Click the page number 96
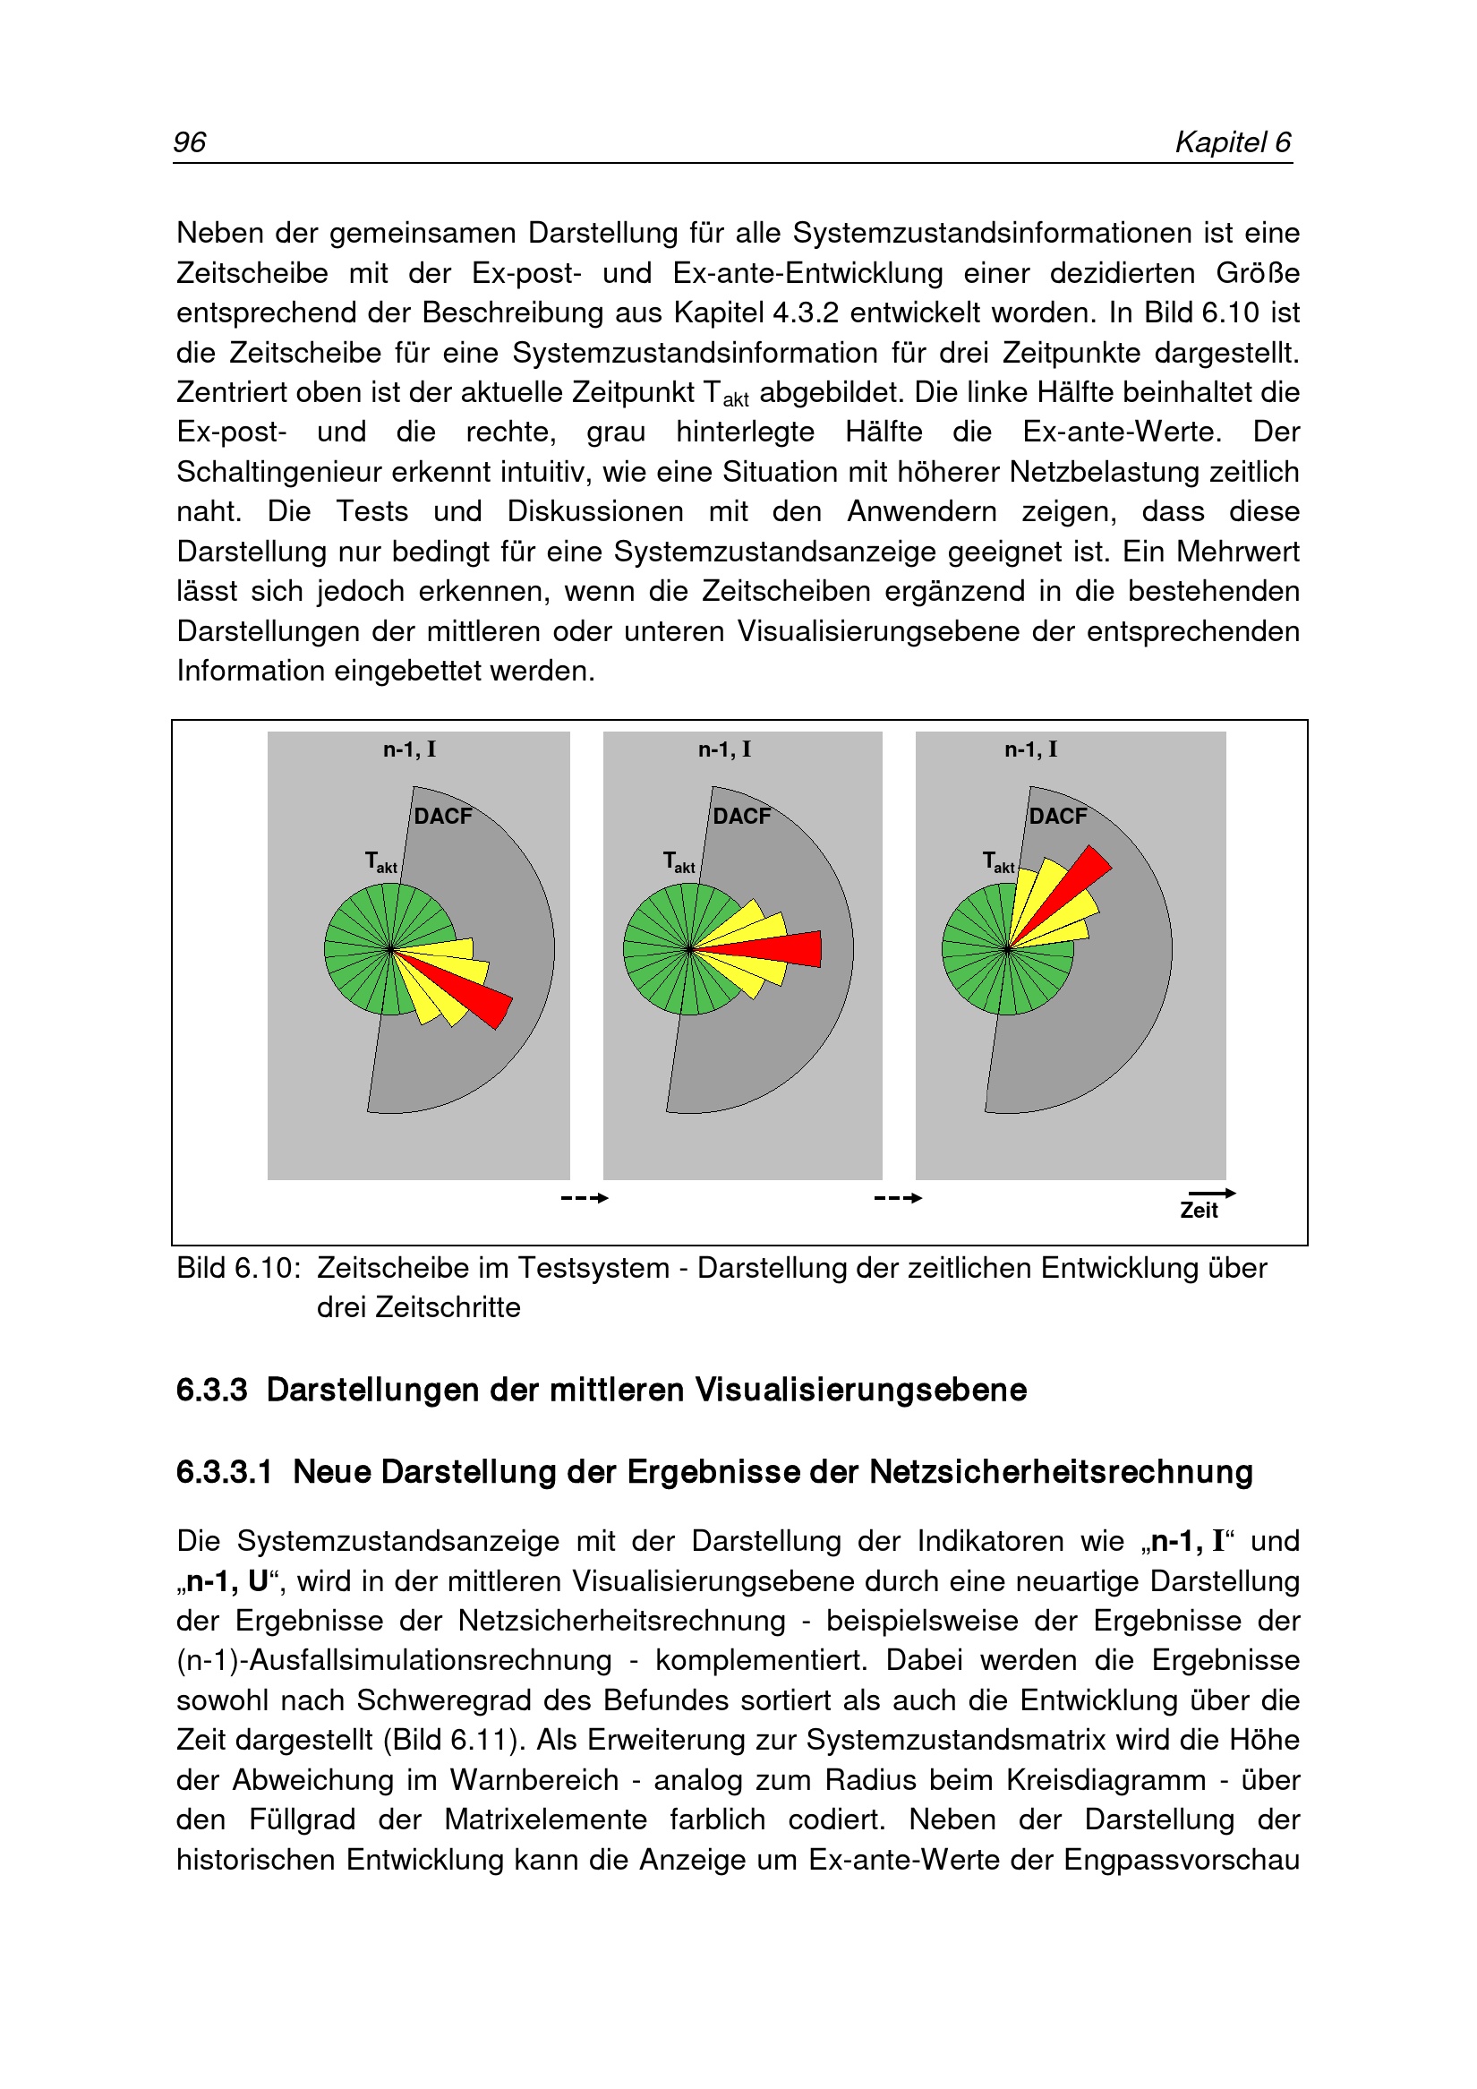click(189, 142)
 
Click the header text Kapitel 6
click(1233, 142)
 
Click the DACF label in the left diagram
click(443, 816)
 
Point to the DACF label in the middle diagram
click(741, 816)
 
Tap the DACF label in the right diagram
click(1058, 816)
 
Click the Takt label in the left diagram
click(380, 861)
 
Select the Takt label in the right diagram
click(998, 861)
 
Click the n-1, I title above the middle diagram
click(724, 749)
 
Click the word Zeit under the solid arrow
click(1199, 1210)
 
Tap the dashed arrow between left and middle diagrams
click(585, 1197)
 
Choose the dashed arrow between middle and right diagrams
click(898, 1197)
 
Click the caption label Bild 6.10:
click(238, 1267)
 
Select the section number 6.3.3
click(212, 1390)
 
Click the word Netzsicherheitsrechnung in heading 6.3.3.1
click(1061, 1471)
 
